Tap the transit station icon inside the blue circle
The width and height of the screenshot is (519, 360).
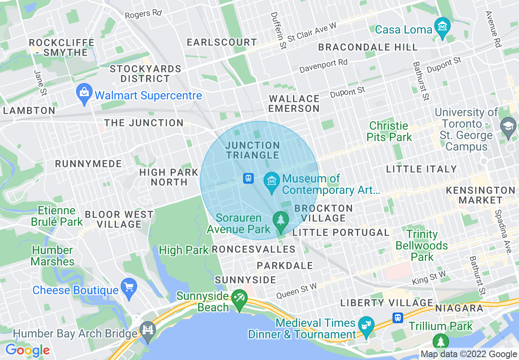(248, 178)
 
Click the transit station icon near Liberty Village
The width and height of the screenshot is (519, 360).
(397, 317)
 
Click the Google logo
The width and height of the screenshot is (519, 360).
(27, 350)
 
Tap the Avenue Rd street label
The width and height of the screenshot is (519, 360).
(493, 29)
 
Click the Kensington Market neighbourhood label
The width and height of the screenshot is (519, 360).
(480, 195)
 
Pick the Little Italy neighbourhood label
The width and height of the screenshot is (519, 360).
(421, 169)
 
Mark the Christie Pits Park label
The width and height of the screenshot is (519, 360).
(389, 131)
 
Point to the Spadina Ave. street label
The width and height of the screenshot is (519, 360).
(503, 232)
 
